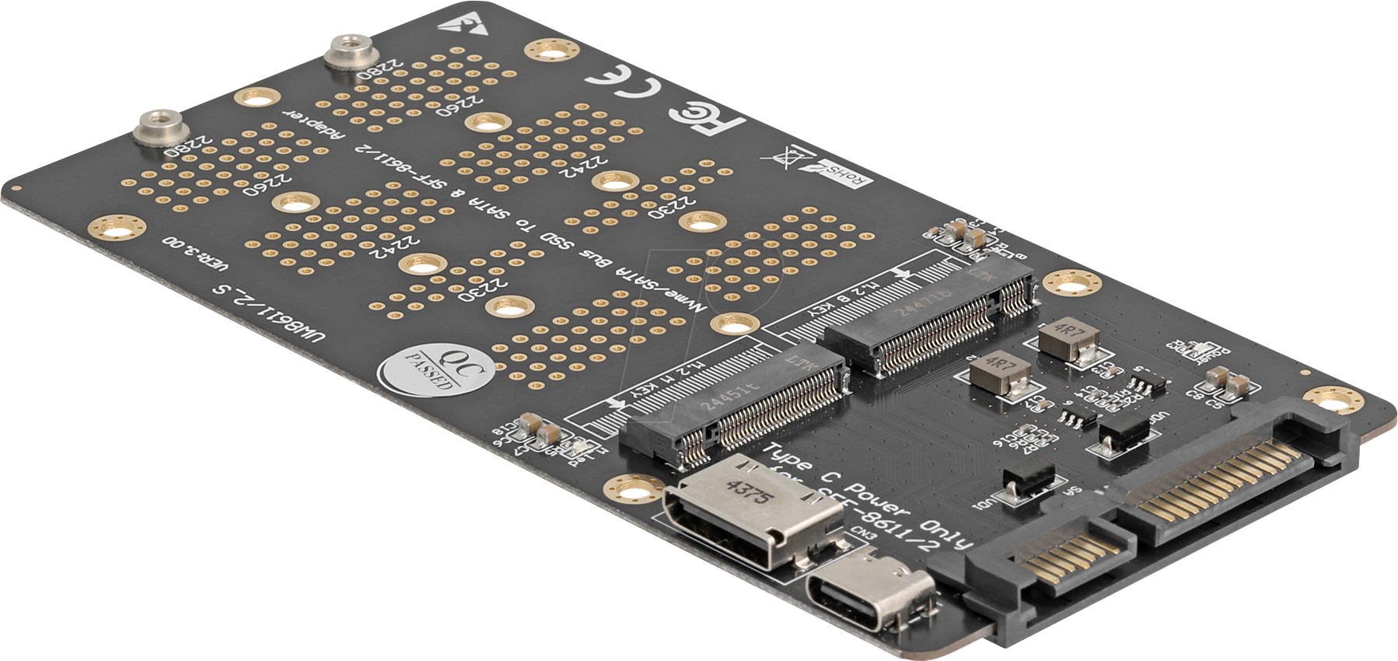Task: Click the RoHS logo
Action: (844, 176)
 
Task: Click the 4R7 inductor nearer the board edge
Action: (1068, 338)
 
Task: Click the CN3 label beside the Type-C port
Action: (863, 533)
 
